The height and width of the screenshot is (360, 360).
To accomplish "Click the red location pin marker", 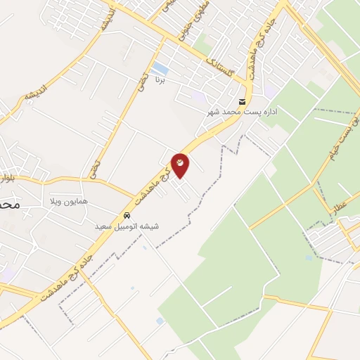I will click(x=180, y=165).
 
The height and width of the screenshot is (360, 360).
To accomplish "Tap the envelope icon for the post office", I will click(x=243, y=101).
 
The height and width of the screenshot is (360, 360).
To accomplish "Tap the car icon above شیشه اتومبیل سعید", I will click(x=127, y=216).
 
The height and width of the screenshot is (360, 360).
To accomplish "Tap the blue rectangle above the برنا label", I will click(x=160, y=68).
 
